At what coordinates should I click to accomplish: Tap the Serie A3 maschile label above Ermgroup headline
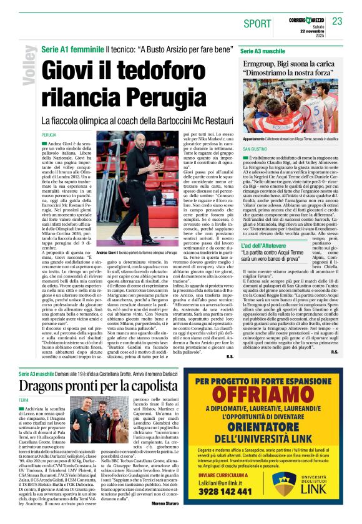pos(261,50)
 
